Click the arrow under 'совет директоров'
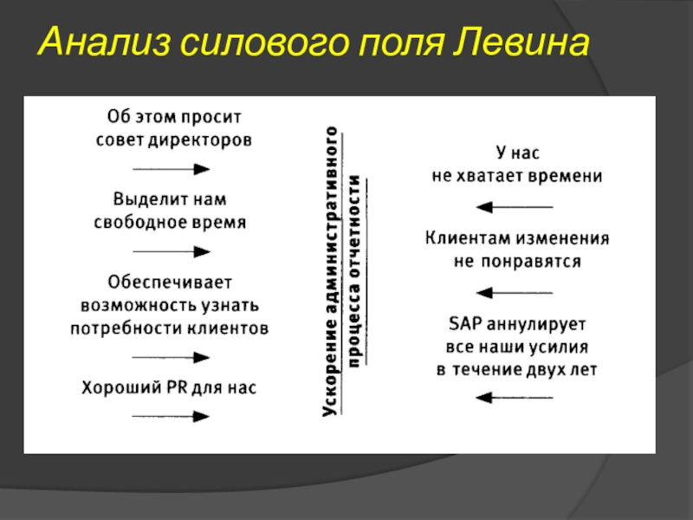[x=171, y=169]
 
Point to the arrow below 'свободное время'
[x=171, y=251]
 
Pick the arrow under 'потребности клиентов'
[x=171, y=357]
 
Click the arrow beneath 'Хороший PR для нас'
[x=171, y=416]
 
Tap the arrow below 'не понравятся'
[x=515, y=293]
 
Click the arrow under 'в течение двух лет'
[x=515, y=398]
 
